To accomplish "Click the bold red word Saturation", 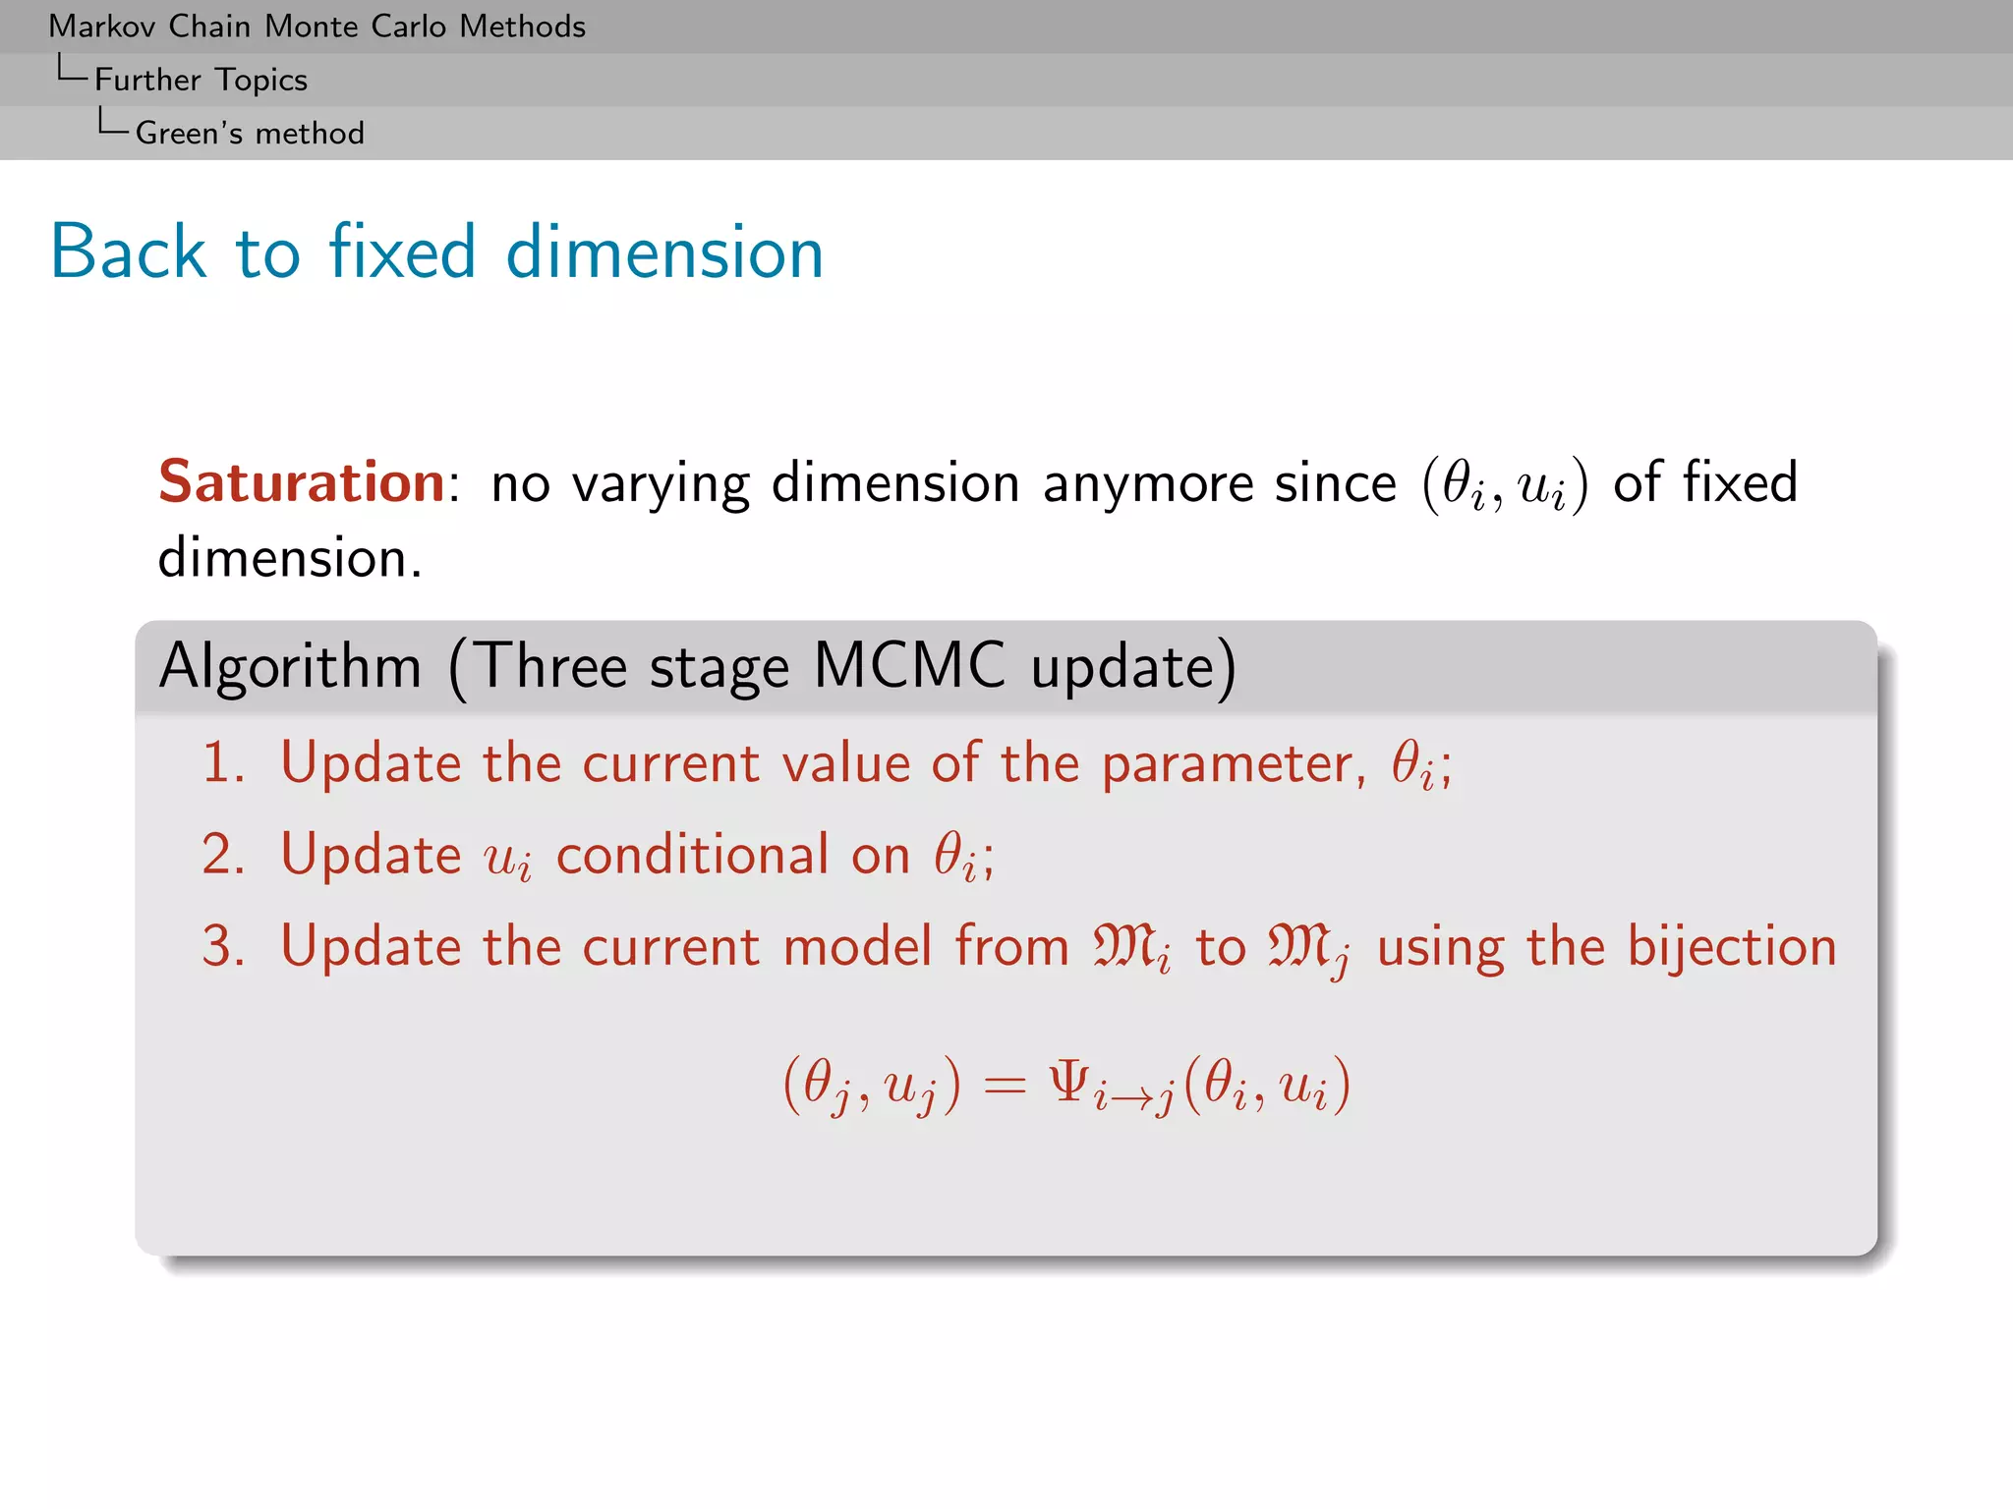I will [x=302, y=482].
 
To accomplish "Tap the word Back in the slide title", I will [x=129, y=252].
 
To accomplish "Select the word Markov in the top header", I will [x=103, y=27].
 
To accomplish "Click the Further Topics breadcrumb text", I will [x=201, y=80].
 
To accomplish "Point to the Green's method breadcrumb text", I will [x=250, y=133].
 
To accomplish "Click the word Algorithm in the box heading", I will [x=290, y=667].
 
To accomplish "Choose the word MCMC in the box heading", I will [x=909, y=667].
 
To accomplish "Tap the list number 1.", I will [x=222, y=763].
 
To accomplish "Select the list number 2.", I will [x=222, y=855].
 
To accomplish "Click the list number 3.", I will [x=222, y=947].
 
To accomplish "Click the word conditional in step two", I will [x=692, y=855].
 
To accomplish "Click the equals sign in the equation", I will [x=1004, y=1086].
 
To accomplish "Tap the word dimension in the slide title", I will [x=664, y=252].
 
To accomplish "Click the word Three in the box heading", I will [x=550, y=667].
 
